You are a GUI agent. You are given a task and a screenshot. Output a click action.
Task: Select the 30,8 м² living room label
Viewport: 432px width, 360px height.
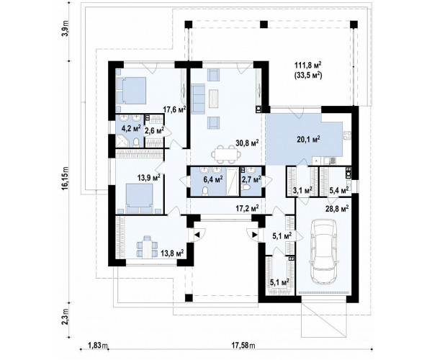pos(247,143)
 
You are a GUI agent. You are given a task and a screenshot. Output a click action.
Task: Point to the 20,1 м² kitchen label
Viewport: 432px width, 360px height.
pos(308,139)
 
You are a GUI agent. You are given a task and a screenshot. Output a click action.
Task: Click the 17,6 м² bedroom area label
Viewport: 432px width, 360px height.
pos(174,109)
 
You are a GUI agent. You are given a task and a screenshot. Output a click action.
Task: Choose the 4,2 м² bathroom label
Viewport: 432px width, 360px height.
pos(132,128)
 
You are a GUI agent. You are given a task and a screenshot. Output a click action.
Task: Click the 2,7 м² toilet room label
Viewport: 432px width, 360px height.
pos(251,179)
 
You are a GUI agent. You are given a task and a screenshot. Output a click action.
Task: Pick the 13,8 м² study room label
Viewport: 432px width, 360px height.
pos(173,253)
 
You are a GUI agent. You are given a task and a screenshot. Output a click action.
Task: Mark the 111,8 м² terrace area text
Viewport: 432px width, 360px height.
pos(308,66)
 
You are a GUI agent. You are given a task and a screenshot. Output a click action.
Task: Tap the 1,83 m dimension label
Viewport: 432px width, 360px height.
pos(99,345)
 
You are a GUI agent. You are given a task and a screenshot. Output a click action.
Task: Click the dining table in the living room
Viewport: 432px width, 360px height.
pos(224,153)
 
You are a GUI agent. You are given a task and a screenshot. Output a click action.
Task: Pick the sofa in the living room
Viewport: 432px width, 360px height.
pos(197,99)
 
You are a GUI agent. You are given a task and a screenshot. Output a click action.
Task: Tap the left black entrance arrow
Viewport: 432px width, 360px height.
pos(197,235)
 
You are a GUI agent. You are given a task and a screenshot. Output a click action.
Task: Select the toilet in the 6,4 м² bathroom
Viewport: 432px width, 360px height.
pos(205,191)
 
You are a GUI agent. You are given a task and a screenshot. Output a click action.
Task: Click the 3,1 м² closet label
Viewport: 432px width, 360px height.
pos(302,190)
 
